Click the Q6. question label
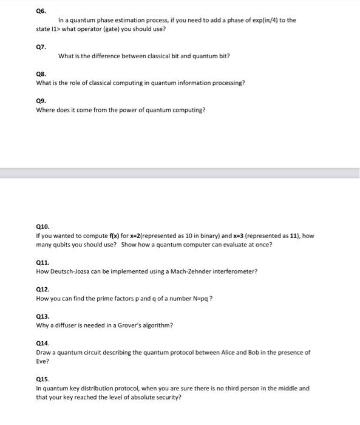41,11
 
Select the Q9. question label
41,100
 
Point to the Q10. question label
42,226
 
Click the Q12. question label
42,289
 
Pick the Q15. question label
42,379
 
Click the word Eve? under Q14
42,361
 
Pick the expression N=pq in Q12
199,298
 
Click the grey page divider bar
180,174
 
